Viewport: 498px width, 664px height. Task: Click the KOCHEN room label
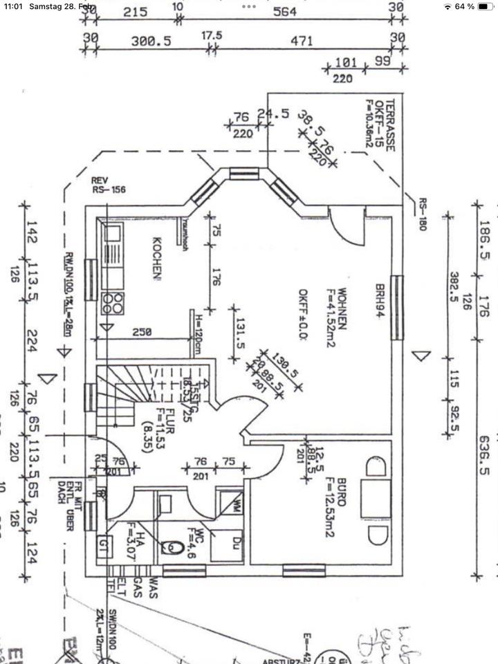click(157, 259)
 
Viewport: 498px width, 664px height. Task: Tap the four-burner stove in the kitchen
click(113, 302)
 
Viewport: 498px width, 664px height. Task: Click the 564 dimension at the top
click(284, 12)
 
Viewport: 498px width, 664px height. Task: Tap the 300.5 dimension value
click(151, 41)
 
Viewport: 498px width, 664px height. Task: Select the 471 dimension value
click(302, 41)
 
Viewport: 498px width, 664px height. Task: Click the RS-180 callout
click(421, 214)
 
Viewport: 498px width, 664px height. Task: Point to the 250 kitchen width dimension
click(142, 332)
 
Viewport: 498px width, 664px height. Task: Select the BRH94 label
click(380, 300)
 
